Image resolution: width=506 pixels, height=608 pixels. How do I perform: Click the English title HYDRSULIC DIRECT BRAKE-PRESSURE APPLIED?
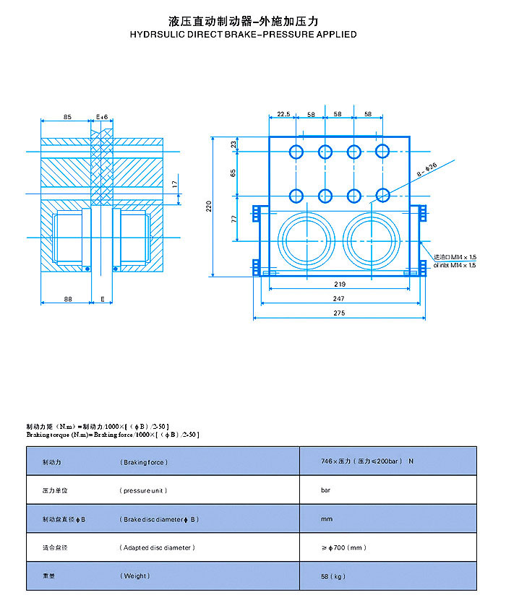point(244,34)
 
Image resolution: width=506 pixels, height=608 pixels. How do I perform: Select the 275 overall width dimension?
point(340,313)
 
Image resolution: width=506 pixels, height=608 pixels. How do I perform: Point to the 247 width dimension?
point(340,298)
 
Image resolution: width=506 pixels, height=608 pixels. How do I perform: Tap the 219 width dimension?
point(340,284)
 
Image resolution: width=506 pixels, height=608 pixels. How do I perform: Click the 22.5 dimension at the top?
point(283,115)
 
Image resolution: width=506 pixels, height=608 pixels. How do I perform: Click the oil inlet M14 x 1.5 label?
point(455,265)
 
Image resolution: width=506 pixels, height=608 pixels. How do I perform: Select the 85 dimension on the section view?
point(67,116)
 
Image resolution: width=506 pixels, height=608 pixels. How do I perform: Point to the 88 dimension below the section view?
point(67,298)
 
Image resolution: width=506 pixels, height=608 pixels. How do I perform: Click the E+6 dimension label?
point(102,116)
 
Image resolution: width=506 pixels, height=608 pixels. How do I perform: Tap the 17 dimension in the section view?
point(174,185)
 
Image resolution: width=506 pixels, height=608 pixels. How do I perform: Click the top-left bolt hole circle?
point(296,152)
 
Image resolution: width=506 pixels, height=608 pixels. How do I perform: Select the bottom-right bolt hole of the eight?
point(382,196)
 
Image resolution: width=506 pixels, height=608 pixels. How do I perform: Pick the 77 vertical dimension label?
point(234,217)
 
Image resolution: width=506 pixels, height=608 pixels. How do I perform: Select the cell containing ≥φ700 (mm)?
point(343,547)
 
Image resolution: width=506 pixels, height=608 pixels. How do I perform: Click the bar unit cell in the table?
point(325,490)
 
